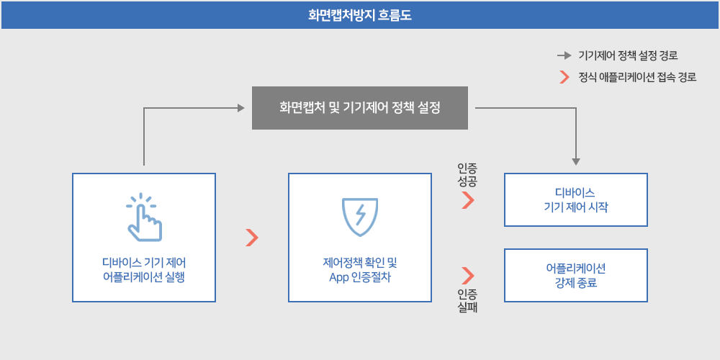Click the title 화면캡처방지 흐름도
(360, 16)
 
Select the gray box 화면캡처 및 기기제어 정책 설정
(360, 108)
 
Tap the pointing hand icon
(143, 217)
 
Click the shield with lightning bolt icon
(360, 217)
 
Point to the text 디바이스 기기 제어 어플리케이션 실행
(144, 270)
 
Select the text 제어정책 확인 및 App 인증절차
(360, 270)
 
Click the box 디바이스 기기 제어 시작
(576, 199)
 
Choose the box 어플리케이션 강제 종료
(576, 275)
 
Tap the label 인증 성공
(467, 174)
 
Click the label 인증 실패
(467, 301)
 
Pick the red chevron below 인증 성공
(468, 199)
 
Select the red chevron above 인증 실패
(468, 275)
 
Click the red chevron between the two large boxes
(251, 238)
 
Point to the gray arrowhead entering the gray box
(241, 108)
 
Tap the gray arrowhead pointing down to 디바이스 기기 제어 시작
(576, 161)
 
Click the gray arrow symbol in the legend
(564, 56)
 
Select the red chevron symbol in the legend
(564, 77)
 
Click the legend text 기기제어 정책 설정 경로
(628, 56)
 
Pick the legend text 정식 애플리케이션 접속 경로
(637, 77)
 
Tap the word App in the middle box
(339, 277)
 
